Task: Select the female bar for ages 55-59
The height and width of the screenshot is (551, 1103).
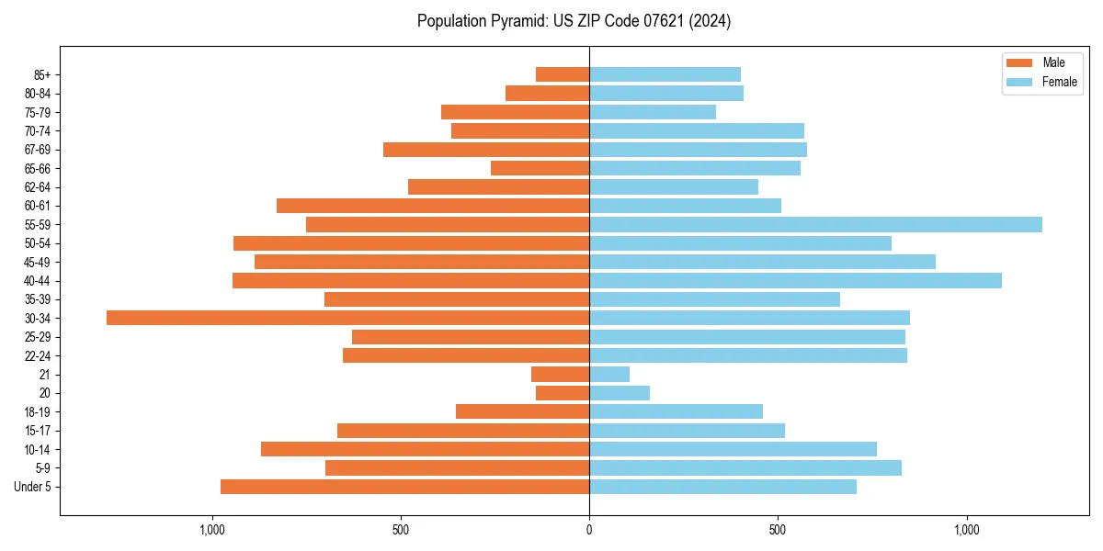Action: point(815,224)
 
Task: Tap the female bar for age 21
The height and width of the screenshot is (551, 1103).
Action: point(609,375)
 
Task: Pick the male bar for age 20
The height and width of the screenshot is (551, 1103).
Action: point(563,393)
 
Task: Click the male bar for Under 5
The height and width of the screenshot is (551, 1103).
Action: point(404,487)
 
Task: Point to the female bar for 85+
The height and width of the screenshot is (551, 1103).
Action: point(665,74)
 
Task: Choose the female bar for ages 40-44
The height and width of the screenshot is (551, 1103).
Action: point(795,280)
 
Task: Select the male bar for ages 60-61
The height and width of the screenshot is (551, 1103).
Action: point(433,206)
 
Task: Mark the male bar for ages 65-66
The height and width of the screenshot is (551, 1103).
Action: point(540,168)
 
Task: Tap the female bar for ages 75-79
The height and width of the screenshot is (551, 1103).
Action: point(653,112)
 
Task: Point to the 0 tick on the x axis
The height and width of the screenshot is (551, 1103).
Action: point(589,529)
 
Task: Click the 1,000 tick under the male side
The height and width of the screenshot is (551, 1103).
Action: point(212,529)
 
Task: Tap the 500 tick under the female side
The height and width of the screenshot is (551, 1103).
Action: point(778,529)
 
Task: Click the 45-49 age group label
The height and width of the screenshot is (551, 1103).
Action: point(38,262)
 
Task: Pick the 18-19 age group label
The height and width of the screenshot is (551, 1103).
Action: point(38,412)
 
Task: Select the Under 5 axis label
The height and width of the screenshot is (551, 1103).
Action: point(33,487)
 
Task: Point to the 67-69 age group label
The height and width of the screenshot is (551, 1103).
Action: point(38,150)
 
